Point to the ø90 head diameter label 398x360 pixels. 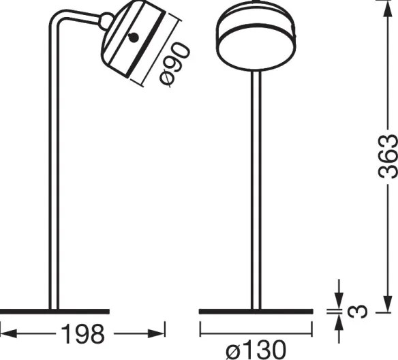[x=175, y=62]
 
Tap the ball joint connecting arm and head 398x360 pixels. [x=106, y=22]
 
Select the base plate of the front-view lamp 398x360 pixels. [x=257, y=311]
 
